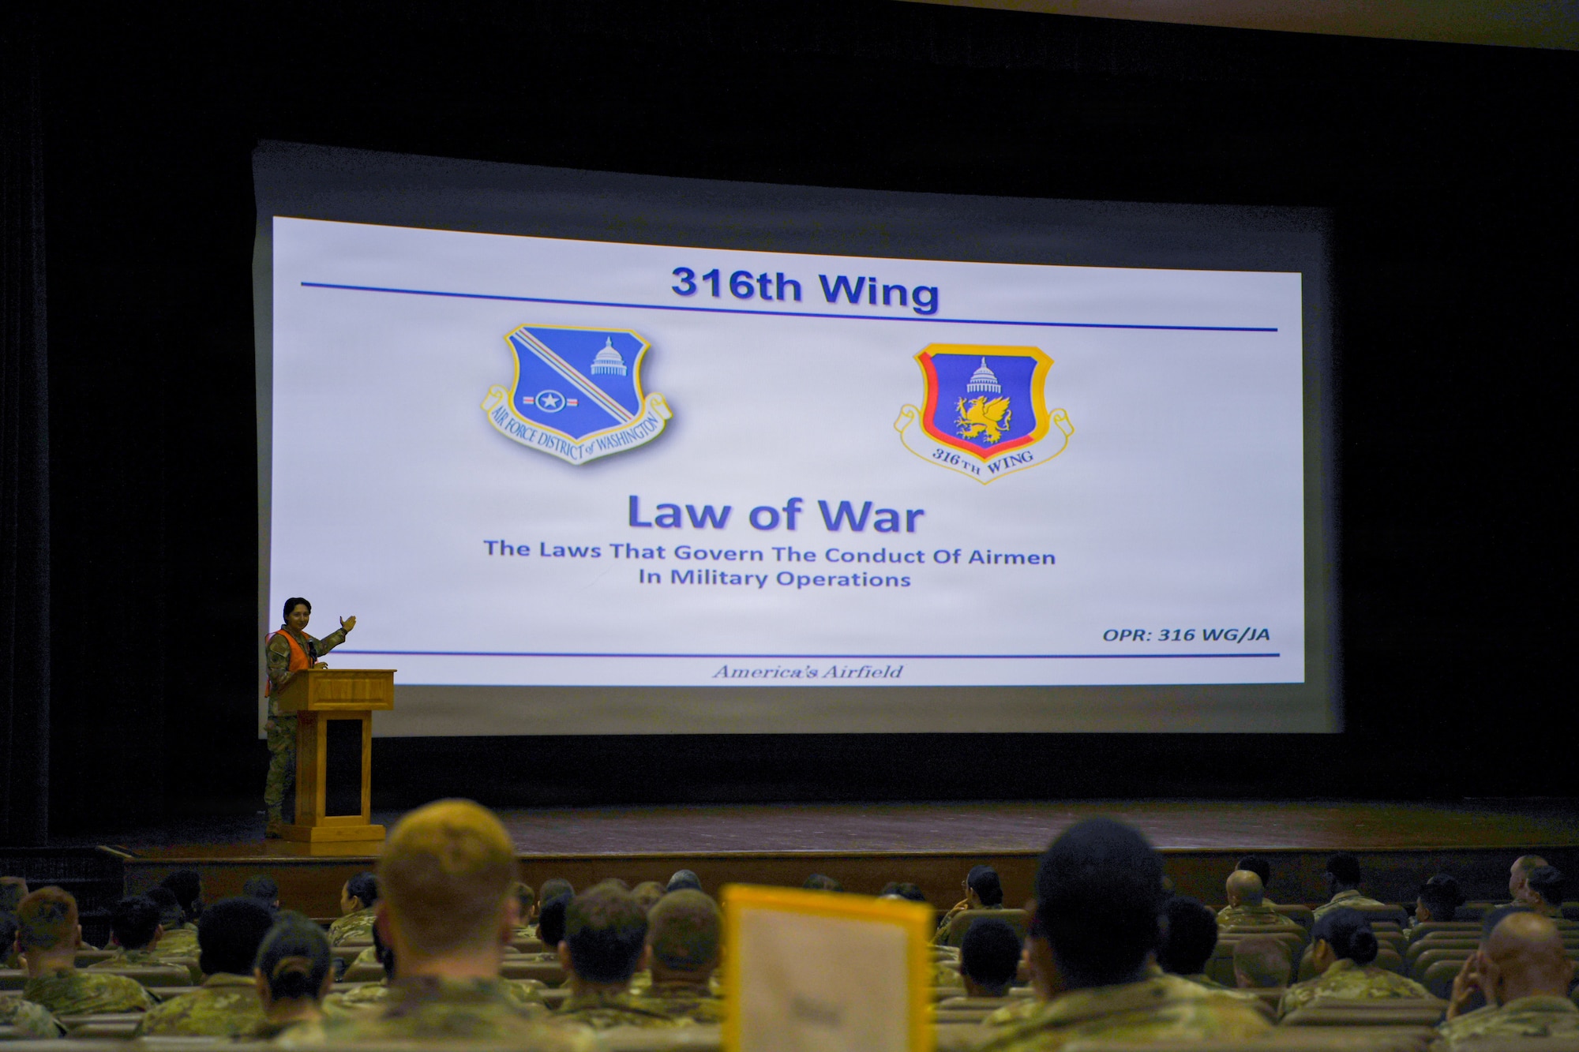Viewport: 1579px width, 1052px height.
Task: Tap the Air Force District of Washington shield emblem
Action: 576,391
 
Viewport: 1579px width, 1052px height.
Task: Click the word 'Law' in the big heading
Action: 678,514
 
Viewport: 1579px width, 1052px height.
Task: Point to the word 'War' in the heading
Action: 871,518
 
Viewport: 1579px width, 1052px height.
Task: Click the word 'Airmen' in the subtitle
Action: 1011,557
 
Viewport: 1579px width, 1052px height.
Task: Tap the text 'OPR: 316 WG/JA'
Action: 1186,635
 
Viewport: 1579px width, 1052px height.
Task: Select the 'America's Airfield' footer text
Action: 807,672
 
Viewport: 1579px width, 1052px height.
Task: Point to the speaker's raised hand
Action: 347,623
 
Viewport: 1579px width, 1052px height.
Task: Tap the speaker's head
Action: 297,612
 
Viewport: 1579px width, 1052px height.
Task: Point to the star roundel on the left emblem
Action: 549,401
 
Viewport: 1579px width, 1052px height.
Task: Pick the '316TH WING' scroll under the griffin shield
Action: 984,461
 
